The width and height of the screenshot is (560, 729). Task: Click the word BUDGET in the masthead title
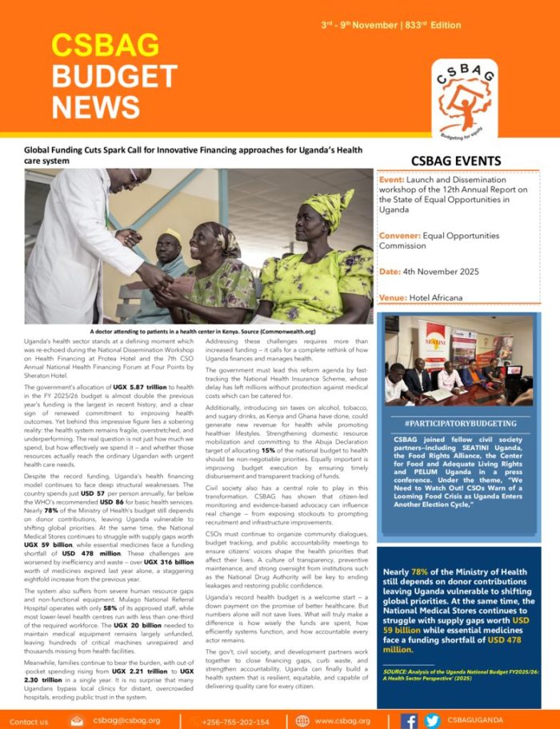pyautogui.click(x=114, y=77)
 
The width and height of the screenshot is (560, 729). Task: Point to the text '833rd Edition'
pyautogui.click(x=435, y=26)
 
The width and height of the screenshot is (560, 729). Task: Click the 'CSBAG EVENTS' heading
pyautogui.click(x=455, y=161)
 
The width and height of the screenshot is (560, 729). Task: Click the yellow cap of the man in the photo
pyautogui.click(x=172, y=235)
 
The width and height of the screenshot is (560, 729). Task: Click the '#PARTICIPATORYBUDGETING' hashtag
pyautogui.click(x=460, y=423)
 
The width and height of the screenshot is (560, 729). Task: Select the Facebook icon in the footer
pyautogui.click(x=409, y=720)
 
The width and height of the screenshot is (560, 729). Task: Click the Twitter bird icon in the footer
pyautogui.click(x=432, y=720)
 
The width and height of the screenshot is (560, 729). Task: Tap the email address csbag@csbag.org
pyautogui.click(x=127, y=720)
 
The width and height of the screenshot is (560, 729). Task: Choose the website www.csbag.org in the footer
pyautogui.click(x=342, y=721)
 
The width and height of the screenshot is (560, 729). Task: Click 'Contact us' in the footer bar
pyautogui.click(x=30, y=721)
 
